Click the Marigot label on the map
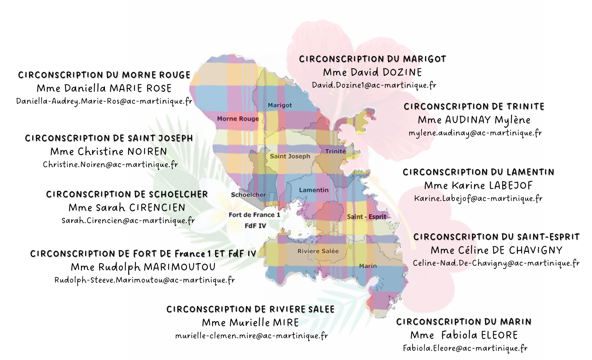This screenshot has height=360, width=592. [280, 105]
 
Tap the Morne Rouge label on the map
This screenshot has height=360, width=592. [238, 119]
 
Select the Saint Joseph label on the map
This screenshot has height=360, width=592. [290, 156]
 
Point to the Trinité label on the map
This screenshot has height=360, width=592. [335, 151]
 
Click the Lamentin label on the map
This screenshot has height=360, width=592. [314, 190]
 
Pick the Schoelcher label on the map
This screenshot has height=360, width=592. [249, 195]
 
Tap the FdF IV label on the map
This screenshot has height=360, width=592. [255, 226]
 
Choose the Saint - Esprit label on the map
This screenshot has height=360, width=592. [367, 217]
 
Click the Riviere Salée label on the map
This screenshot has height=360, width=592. [318, 251]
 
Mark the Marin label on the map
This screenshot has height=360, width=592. [368, 266]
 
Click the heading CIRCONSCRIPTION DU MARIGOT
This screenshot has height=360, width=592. [373, 59]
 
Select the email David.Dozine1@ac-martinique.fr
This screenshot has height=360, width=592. [374, 85]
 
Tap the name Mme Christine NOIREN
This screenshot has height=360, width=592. [109, 151]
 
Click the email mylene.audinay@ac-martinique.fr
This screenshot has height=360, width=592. [475, 133]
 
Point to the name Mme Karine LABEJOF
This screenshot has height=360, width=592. [478, 186]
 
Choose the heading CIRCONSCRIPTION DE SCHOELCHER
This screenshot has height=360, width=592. [127, 194]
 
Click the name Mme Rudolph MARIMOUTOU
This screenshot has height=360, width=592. [143, 267]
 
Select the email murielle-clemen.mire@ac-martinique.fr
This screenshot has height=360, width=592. [252, 336]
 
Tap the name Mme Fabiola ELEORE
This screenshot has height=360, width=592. [464, 335]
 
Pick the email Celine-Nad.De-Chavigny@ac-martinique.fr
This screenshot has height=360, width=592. [496, 263]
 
